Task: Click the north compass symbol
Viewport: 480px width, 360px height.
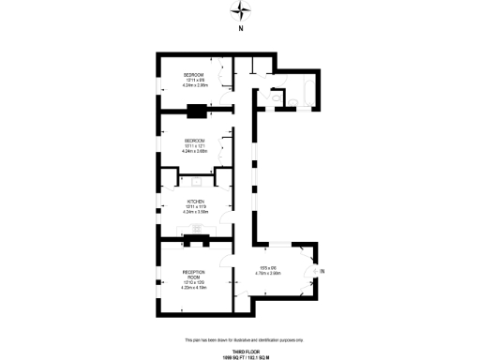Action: [241, 11]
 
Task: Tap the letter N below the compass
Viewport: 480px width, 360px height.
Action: [241, 29]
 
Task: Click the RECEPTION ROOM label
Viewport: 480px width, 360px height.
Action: [194, 278]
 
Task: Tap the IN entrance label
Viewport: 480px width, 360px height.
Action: [322, 272]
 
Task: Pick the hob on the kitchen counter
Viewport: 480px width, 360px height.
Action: [198, 227]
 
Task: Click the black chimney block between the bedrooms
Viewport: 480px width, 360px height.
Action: [197, 112]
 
